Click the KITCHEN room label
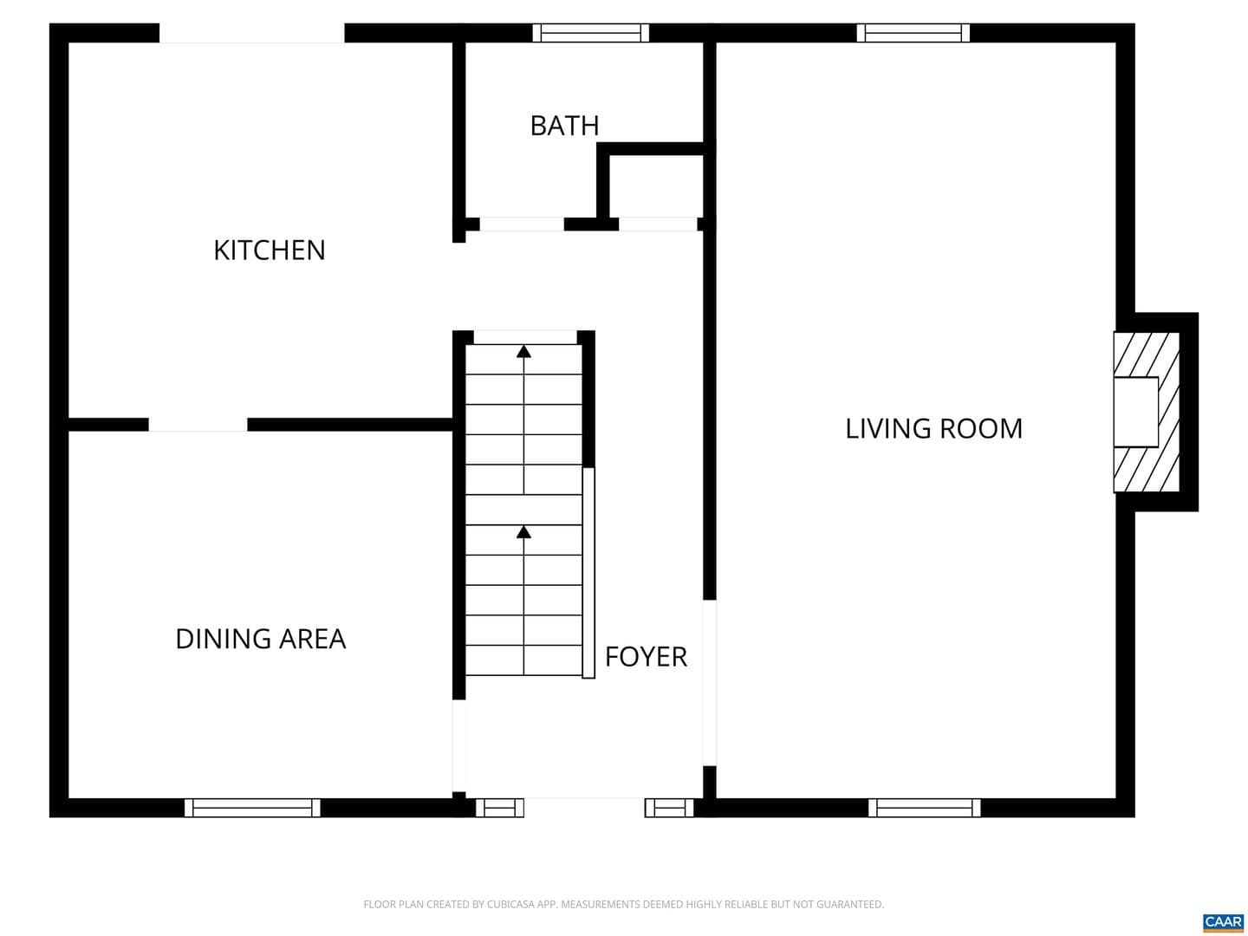coord(269,250)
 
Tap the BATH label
coord(564,126)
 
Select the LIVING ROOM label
coord(933,428)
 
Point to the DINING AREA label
coord(260,639)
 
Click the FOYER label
coord(646,657)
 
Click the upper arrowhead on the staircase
coord(523,352)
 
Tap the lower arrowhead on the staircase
coord(523,532)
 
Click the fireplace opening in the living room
coord(1135,412)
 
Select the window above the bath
coord(591,33)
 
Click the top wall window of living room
coord(913,33)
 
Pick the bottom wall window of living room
coord(925,808)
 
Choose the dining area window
coord(252,808)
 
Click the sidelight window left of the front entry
coord(500,808)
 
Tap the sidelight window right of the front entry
coord(669,808)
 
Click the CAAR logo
coord(1224,922)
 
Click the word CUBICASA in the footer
coord(510,904)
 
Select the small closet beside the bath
coord(657,185)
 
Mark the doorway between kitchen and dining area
coord(198,425)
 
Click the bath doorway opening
coord(522,224)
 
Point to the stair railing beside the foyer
coord(589,573)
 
